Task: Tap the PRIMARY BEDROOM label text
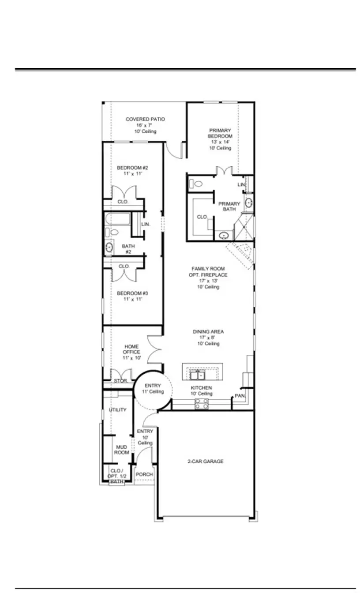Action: (x=220, y=133)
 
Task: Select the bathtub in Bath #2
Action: (x=117, y=219)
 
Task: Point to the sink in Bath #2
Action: (x=109, y=248)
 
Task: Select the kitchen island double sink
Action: (x=198, y=375)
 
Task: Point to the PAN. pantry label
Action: (x=240, y=396)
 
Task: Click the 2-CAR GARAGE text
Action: (x=205, y=462)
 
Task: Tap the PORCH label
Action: (x=144, y=474)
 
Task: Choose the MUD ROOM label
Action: (x=122, y=450)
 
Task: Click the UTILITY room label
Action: (x=118, y=410)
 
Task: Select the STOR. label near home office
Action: (x=120, y=380)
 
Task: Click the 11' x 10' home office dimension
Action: (x=131, y=358)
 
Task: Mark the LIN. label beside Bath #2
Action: (x=146, y=224)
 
